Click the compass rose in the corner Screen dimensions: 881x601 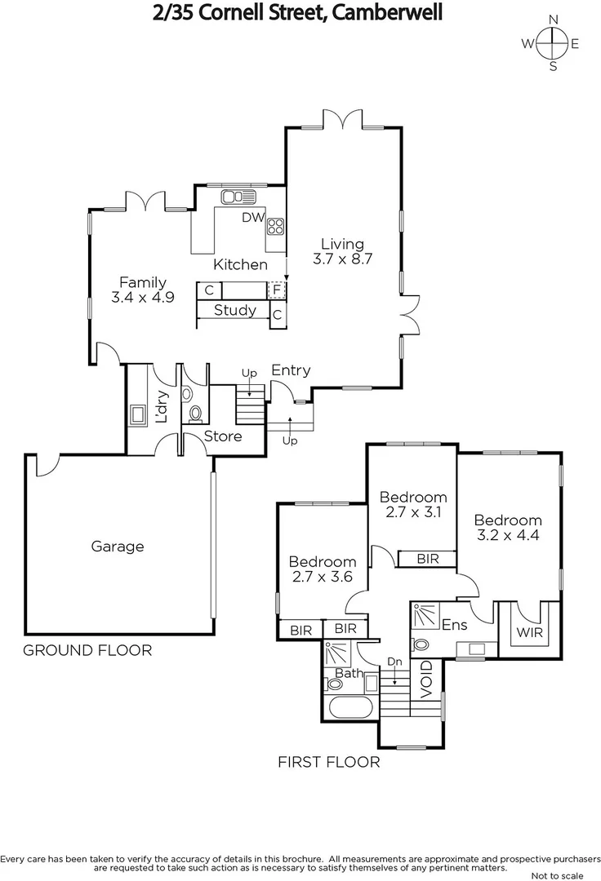(x=553, y=44)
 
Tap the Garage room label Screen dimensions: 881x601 (x=117, y=547)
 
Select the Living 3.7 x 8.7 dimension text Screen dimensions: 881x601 (x=342, y=259)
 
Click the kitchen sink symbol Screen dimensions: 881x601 (x=238, y=197)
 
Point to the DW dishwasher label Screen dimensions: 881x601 (x=252, y=218)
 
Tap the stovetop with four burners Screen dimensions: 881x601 (x=275, y=227)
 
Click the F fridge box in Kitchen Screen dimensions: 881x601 (x=277, y=290)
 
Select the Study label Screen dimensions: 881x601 (x=234, y=310)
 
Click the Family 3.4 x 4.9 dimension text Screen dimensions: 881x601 (x=143, y=298)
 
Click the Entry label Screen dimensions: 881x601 (x=291, y=370)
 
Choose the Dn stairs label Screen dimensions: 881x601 (x=394, y=662)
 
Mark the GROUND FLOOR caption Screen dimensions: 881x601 (x=87, y=650)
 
